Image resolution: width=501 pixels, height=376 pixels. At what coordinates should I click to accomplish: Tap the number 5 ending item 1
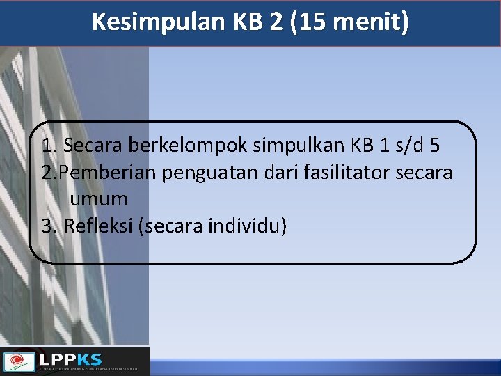(435, 146)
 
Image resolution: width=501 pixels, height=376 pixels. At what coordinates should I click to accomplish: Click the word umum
(98, 198)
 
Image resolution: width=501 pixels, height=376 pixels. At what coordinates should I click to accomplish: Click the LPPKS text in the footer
(70, 359)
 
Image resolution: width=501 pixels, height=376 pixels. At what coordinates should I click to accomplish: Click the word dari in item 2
(282, 172)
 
